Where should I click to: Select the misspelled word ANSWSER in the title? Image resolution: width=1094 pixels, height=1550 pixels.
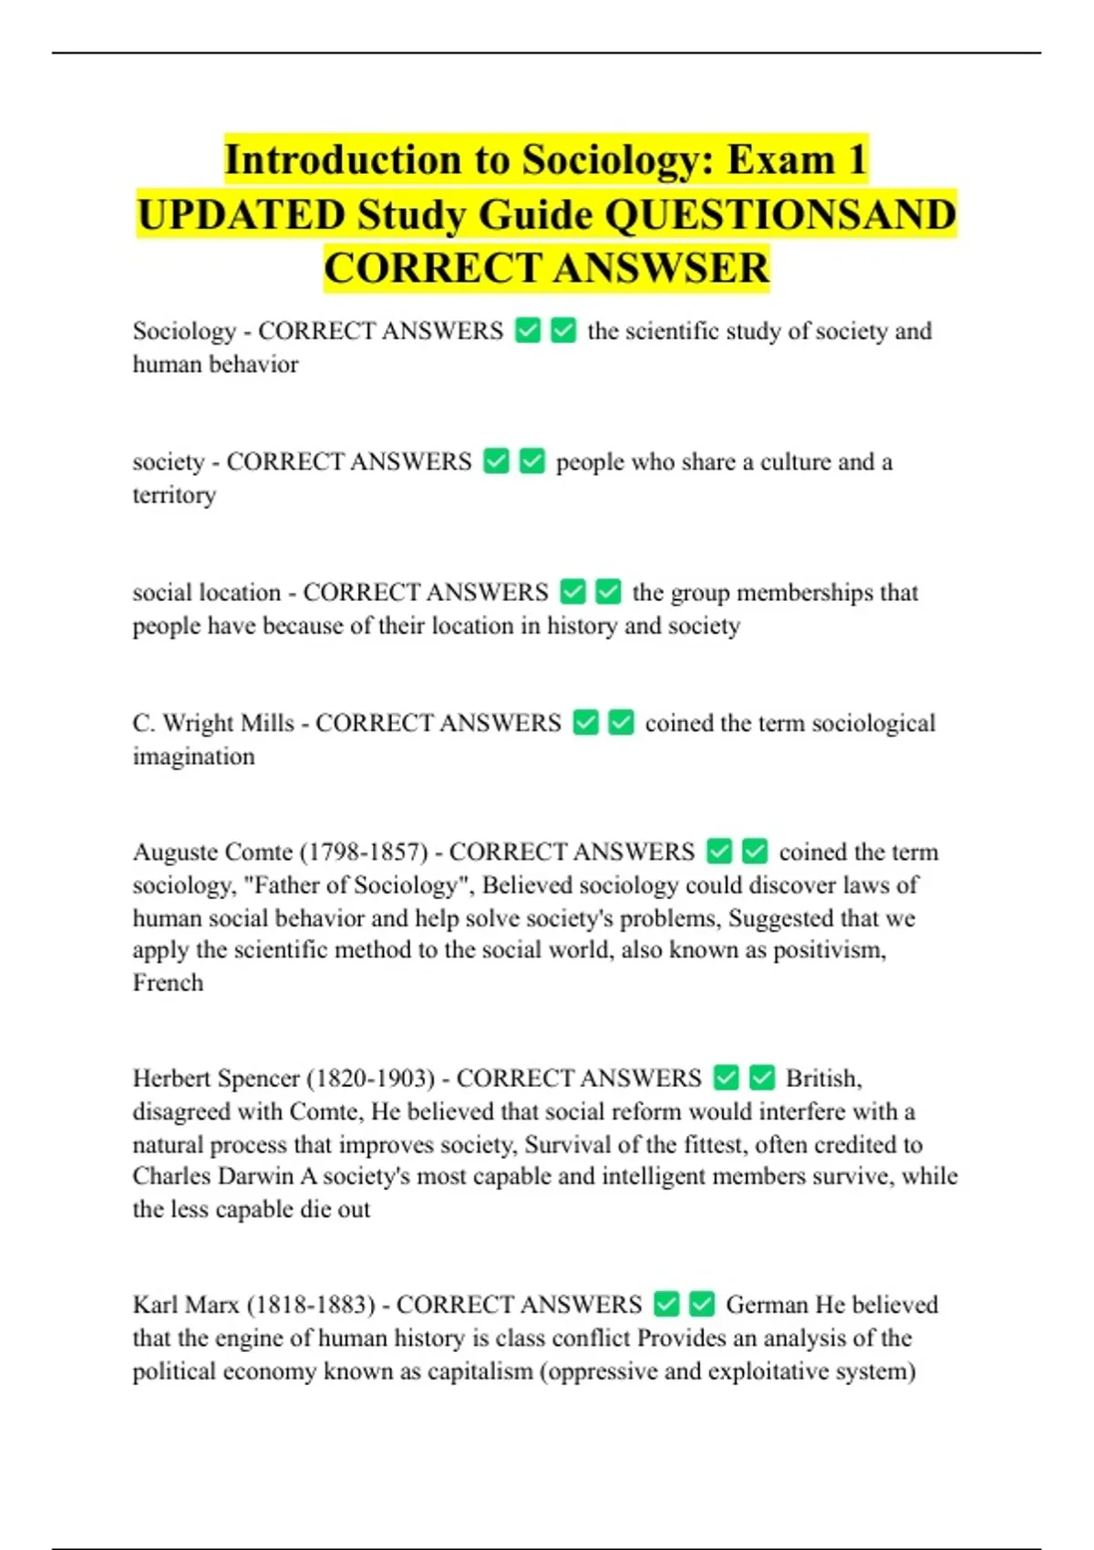pos(661,268)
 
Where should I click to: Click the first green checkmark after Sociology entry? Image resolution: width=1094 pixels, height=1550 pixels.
pos(528,330)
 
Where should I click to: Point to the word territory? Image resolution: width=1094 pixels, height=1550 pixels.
pos(174,495)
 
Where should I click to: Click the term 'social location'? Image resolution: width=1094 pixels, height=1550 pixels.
pos(206,593)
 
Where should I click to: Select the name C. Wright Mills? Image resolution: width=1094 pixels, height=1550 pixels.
pos(213,723)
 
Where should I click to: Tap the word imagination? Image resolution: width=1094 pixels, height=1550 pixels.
pos(193,757)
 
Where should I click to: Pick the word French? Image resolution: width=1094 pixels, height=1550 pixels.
pos(168,983)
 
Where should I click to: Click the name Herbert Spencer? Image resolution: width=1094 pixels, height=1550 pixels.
pos(216,1079)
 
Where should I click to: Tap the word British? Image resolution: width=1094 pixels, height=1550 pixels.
pos(823,1079)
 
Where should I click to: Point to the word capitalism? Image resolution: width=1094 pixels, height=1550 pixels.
pos(478,1371)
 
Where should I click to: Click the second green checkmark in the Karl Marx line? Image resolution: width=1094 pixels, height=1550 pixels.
pos(702,1305)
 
